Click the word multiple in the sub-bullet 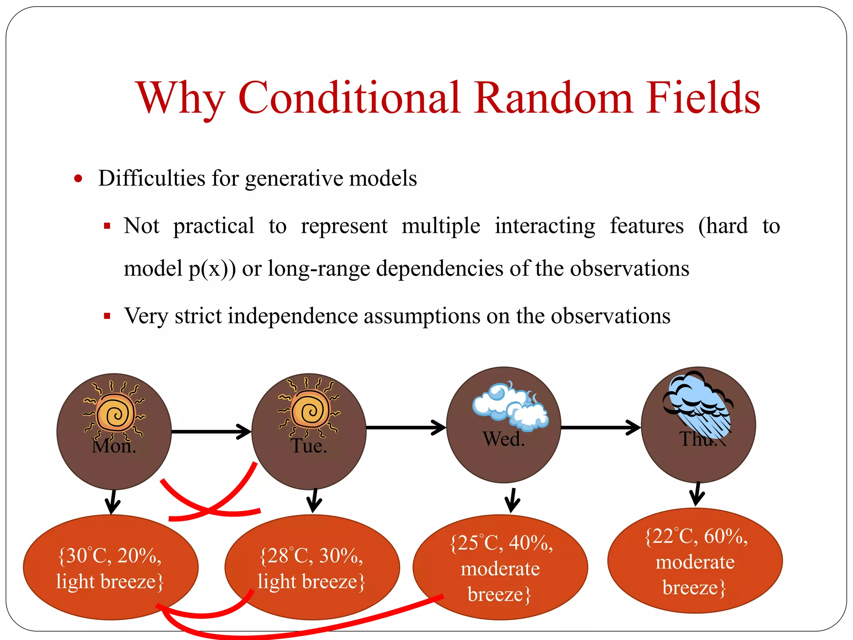click(x=441, y=226)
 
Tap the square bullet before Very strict click(x=107, y=316)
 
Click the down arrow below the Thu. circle click(x=697, y=495)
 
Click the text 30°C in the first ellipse click(x=86, y=556)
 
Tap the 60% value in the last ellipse click(x=725, y=537)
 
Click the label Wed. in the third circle click(x=504, y=439)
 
